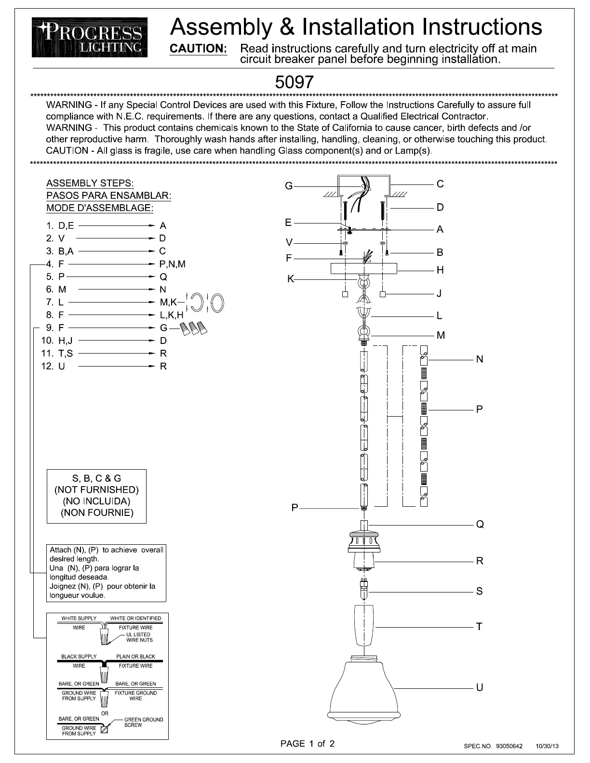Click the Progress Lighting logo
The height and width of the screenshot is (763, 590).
[x=90, y=37]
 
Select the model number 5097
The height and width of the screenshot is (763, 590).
[x=294, y=82]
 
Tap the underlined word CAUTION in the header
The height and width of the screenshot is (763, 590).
[x=198, y=49]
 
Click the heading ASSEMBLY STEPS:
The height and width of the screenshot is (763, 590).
[x=90, y=184]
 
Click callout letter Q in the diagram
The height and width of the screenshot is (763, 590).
[x=480, y=524]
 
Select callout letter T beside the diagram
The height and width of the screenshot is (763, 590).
[x=479, y=627]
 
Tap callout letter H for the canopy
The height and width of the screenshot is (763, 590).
[x=440, y=270]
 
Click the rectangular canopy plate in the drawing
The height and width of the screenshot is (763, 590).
[x=363, y=268]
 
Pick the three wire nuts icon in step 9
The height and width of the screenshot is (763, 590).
[x=195, y=328]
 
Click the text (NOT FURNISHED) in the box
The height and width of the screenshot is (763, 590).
[x=96, y=490]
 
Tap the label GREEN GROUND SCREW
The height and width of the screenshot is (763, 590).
[x=143, y=722]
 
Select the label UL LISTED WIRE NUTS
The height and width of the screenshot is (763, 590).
[x=139, y=637]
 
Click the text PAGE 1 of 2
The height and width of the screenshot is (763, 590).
[x=308, y=744]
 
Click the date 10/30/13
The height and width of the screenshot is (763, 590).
[x=547, y=746]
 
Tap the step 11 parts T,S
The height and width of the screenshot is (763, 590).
[x=66, y=353]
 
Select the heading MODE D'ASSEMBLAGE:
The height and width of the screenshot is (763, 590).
[x=100, y=208]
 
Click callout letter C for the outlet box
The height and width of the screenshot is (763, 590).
[x=440, y=184]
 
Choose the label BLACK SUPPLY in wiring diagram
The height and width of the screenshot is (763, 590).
[x=79, y=657]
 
